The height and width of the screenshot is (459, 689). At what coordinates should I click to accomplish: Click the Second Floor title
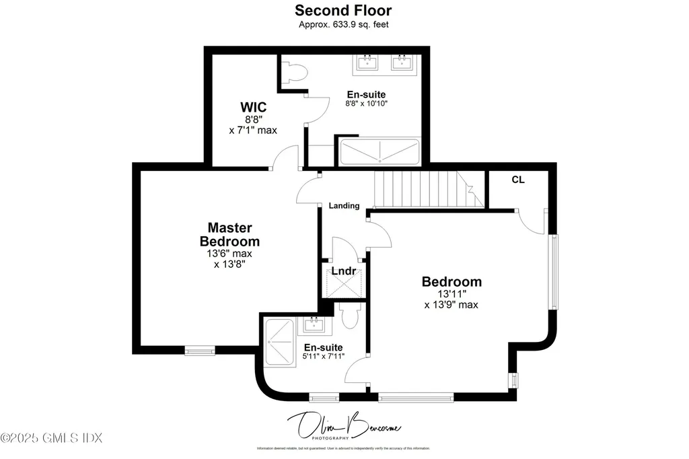(343, 11)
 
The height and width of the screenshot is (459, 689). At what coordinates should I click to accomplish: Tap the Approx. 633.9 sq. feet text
(343, 25)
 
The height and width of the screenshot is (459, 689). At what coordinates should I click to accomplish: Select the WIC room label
(254, 107)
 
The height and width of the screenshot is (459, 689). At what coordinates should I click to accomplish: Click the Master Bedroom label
(229, 234)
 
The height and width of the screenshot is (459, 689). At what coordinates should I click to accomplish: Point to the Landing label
(344, 205)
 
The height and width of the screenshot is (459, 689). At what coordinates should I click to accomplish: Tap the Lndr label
(343, 271)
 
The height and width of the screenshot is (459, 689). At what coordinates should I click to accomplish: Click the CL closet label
(518, 180)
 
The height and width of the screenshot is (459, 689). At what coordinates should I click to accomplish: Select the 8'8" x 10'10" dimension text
(366, 104)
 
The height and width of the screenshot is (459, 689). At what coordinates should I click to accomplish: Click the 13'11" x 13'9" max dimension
(451, 299)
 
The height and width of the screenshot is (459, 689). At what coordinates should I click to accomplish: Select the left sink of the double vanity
(367, 63)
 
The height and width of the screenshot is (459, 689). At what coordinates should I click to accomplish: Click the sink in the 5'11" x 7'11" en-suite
(314, 325)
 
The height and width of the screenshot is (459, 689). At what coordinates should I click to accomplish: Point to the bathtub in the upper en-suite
(379, 152)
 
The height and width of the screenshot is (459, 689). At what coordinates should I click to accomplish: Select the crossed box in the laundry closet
(344, 283)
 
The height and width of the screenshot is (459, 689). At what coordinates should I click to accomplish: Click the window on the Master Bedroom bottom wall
(200, 349)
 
